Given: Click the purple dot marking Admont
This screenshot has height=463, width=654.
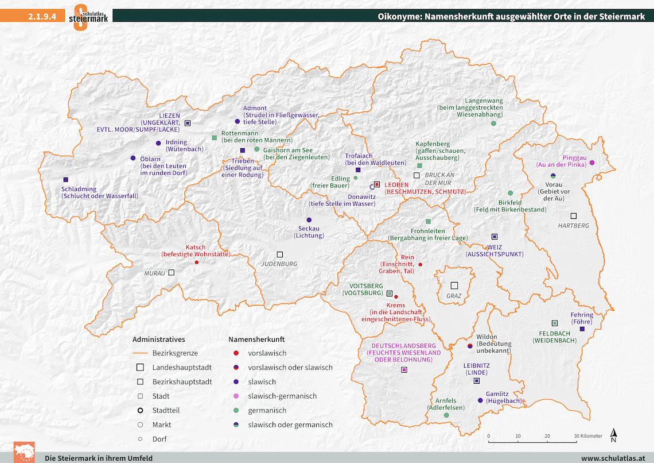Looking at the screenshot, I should pyautogui.click(x=237, y=122).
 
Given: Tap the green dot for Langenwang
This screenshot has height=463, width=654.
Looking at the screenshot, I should pyautogui.click(x=493, y=124).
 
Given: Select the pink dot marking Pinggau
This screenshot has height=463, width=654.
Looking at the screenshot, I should pyautogui.click(x=592, y=163).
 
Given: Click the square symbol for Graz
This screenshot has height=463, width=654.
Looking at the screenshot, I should pyautogui.click(x=454, y=285).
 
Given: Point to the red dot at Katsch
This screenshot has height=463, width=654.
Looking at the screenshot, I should pyautogui.click(x=197, y=263).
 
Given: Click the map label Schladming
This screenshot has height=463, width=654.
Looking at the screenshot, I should pyautogui.click(x=79, y=189).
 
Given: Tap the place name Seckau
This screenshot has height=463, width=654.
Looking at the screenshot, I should pyautogui.click(x=309, y=229).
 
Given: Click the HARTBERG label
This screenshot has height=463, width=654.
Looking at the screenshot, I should pyautogui.click(x=573, y=226).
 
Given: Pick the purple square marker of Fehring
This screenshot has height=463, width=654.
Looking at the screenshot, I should pyautogui.click(x=582, y=329).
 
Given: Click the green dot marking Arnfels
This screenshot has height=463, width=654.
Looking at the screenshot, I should pyautogui.click(x=446, y=415).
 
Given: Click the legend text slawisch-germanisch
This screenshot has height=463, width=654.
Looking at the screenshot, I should pyautogui.click(x=282, y=396).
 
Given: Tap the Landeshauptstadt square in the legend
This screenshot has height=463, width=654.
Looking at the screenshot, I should pyautogui.click(x=140, y=368).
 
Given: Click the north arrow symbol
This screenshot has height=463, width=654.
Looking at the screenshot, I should pyautogui.click(x=613, y=435).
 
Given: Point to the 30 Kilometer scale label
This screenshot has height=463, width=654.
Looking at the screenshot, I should pyautogui.click(x=589, y=436).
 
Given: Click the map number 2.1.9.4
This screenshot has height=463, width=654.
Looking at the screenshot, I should pyautogui.click(x=42, y=17).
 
